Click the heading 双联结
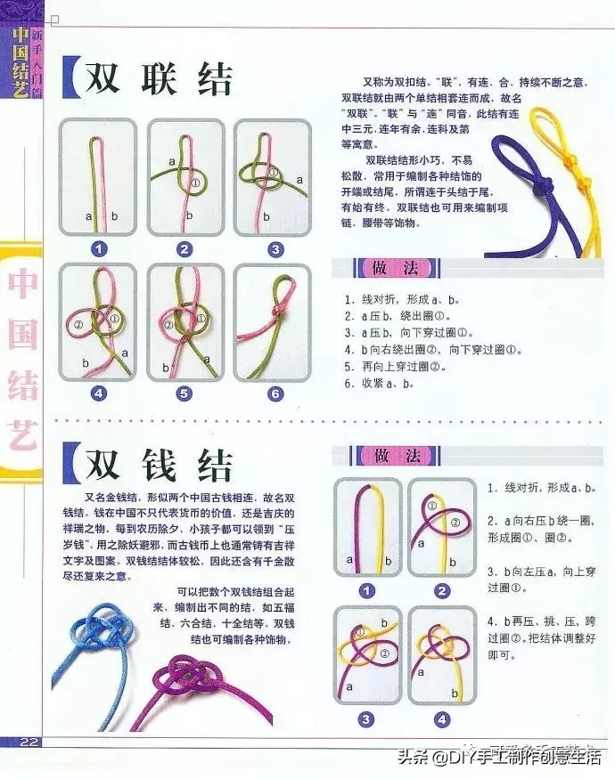point(159,79)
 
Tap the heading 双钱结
point(159,465)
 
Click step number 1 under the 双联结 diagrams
point(98,249)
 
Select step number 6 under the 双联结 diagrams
point(275,393)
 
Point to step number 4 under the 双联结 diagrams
point(98,393)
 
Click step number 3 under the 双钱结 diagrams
point(365,718)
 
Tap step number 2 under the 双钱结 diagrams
point(441,591)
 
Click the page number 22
point(28,742)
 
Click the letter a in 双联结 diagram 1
point(88,216)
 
